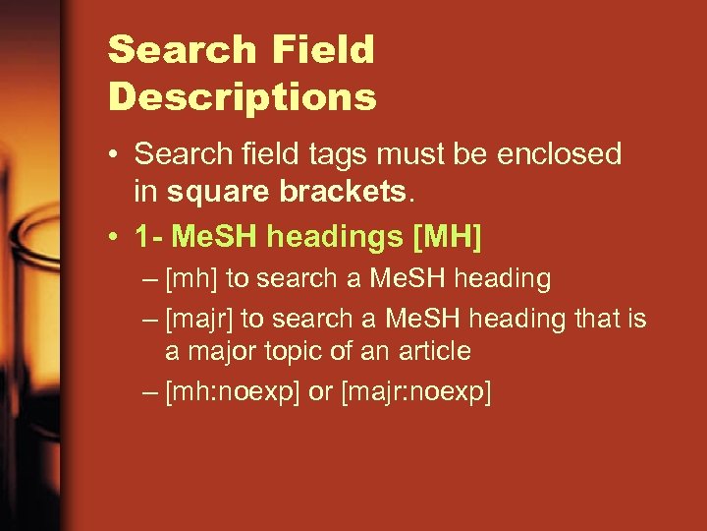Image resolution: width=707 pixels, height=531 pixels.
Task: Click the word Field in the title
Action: point(320,49)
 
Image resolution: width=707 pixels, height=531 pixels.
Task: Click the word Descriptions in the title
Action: point(243,96)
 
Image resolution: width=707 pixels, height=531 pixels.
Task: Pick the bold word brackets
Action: point(343,191)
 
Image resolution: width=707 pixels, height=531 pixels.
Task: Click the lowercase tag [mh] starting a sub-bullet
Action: point(191,279)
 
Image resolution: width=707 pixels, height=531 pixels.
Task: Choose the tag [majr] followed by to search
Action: point(199,319)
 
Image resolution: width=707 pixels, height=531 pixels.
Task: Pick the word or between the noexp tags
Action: point(320,391)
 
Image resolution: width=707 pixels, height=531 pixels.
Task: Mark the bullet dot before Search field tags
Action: point(116,155)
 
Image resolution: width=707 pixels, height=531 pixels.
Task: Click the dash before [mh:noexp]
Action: point(148,391)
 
